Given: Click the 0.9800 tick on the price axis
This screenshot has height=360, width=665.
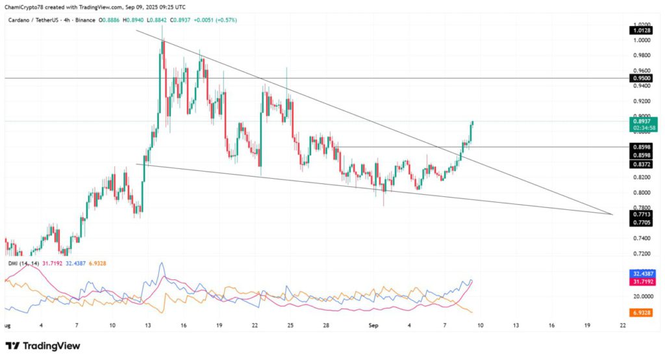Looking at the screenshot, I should point(642,55).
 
